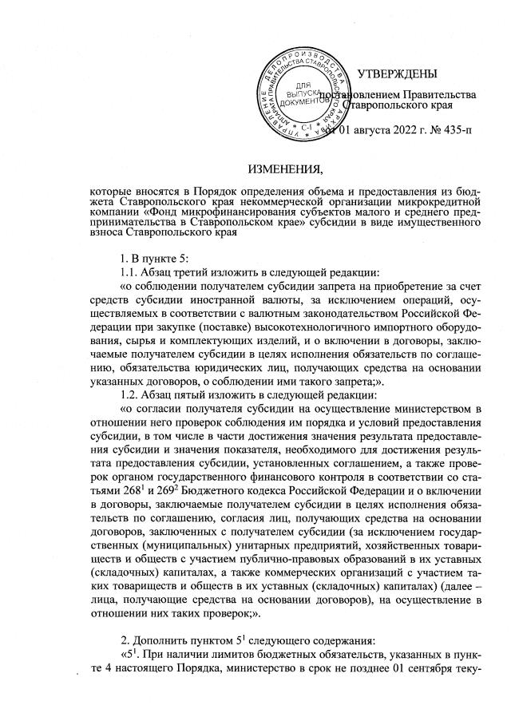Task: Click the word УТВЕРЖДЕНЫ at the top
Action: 397,74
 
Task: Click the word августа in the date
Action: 361,130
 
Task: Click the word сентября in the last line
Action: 445,654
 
